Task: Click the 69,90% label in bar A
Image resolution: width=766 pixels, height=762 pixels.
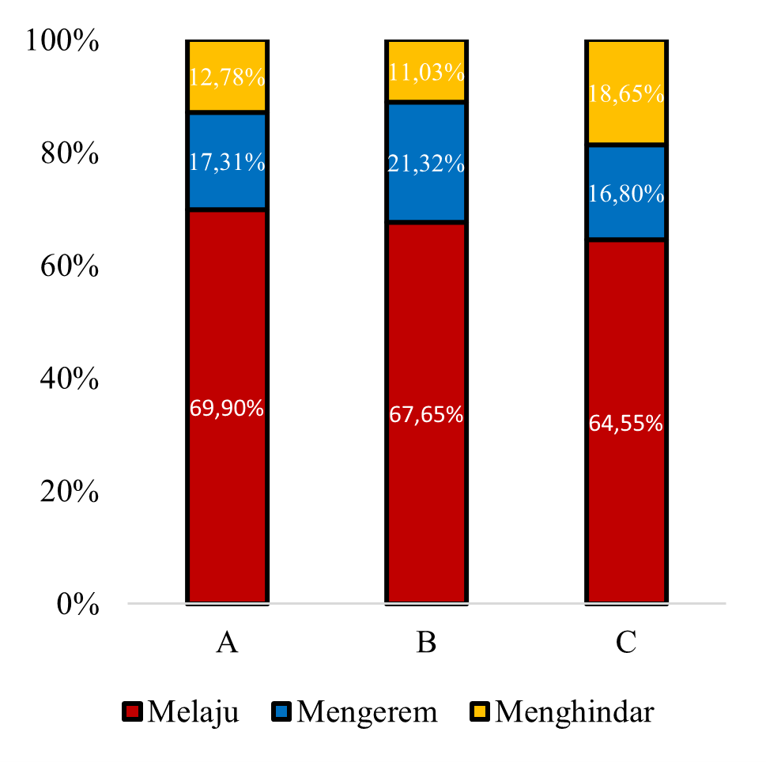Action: pos(227,407)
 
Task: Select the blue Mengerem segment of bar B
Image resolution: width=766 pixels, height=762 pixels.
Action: pos(427,162)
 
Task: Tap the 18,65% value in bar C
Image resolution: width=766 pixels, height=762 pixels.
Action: pos(626,93)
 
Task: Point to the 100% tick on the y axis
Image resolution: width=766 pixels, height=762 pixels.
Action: pos(62,40)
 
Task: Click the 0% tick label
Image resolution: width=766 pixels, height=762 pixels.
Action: pos(78,604)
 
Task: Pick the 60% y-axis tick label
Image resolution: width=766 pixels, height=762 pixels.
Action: pos(70,266)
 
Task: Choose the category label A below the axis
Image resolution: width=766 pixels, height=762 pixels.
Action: pos(227,642)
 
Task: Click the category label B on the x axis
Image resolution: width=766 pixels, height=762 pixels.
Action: pos(427,642)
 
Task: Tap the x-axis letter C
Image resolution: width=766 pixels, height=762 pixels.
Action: pos(626,642)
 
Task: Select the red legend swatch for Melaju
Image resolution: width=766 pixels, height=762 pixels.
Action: pos(132,711)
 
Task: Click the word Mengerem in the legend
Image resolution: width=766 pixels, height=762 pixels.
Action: pos(368,712)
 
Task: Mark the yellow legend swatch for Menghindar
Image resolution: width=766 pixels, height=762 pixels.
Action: pos(479,711)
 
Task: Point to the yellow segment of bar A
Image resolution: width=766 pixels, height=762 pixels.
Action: pos(227,76)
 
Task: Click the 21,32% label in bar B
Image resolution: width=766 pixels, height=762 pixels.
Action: pos(427,163)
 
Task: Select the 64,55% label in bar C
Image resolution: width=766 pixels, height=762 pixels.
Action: pos(626,423)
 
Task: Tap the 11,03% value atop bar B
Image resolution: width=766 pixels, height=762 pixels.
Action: pos(427,72)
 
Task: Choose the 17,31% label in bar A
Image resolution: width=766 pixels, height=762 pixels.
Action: pos(227,162)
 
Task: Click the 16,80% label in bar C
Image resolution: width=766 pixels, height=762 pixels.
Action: pos(626,194)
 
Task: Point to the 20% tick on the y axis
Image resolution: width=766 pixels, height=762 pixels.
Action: pos(70,492)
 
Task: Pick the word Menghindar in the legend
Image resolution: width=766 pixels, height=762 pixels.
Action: pos(575,711)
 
